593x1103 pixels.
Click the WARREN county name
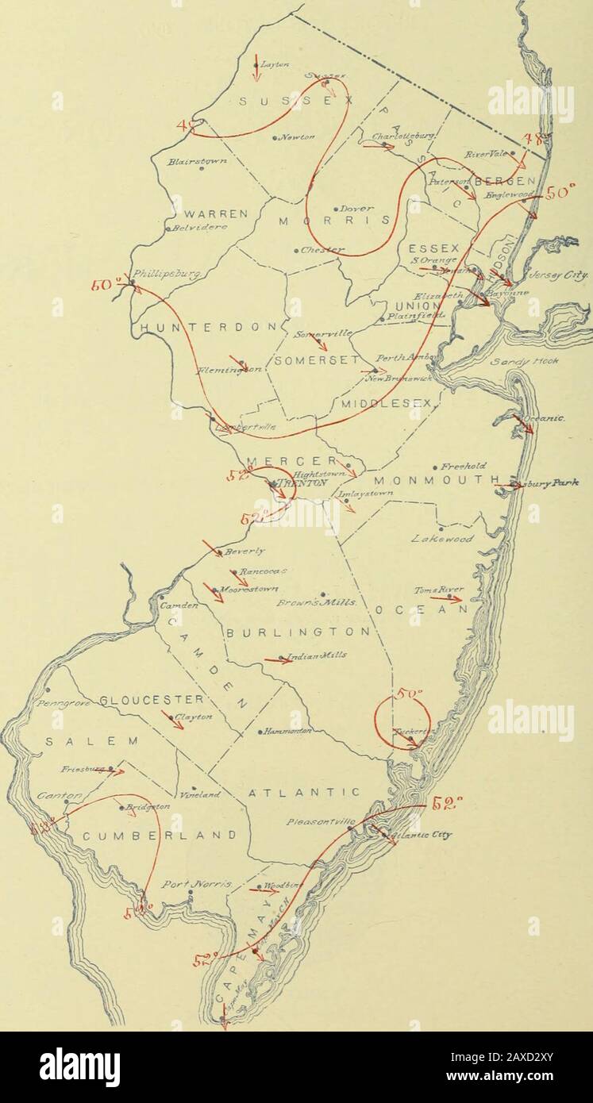[x=206, y=213]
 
